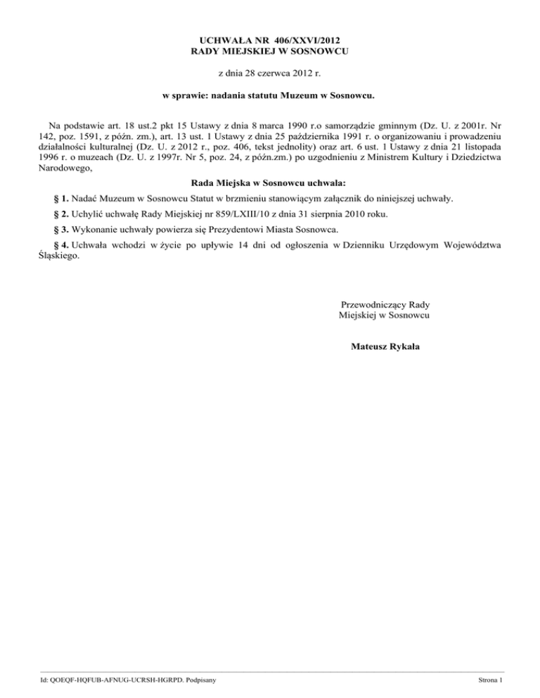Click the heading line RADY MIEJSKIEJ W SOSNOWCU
[x=270, y=51]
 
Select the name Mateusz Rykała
[x=385, y=345]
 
